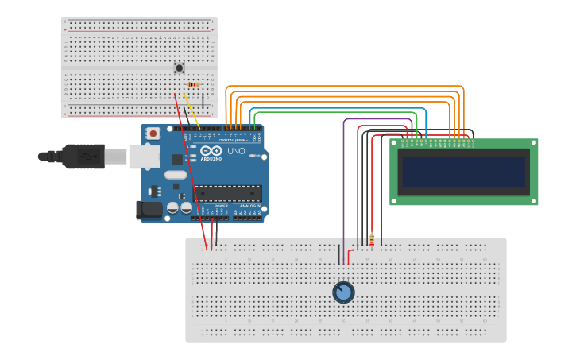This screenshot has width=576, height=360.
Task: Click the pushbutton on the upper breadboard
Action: pyautogui.click(x=179, y=68)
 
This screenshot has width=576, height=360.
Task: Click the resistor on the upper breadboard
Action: pyautogui.click(x=192, y=84)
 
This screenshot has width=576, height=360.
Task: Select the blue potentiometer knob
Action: pyautogui.click(x=343, y=292)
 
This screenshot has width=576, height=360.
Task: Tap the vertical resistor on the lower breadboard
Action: pyautogui.click(x=371, y=240)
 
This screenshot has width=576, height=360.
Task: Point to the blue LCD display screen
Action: pyautogui.click(x=463, y=172)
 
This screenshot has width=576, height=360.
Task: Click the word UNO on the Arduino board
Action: pyautogui.click(x=236, y=151)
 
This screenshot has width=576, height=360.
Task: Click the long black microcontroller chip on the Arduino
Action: pyautogui.click(x=230, y=192)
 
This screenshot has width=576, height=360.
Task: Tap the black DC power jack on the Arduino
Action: pyautogui.click(x=148, y=210)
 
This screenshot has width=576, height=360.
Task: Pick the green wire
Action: pyautogui.click(x=334, y=112)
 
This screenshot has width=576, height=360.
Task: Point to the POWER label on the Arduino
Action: pyautogui.click(x=221, y=206)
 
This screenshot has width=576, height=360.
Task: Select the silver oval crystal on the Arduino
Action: pyautogui.click(x=176, y=174)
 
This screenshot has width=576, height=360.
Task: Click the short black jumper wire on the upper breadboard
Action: pyautogui.click(x=203, y=100)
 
